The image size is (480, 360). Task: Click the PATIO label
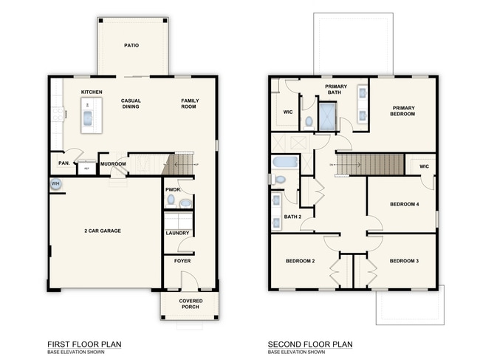[131, 46]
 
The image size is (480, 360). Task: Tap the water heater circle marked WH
[55, 183]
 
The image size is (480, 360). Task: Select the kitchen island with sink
[88, 118]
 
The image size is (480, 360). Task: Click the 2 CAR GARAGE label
[103, 231]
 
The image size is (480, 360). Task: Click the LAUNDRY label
[177, 234]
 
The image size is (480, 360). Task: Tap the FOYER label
[182, 261]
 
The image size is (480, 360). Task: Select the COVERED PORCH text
[191, 304]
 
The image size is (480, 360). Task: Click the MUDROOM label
[113, 163]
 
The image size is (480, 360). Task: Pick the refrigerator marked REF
[86, 168]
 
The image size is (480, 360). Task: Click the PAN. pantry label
[64, 163]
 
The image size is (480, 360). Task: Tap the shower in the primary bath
[326, 115]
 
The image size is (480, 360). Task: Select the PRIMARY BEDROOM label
[403, 112]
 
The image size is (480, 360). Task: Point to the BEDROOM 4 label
[404, 204]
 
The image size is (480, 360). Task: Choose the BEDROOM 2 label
[301, 260]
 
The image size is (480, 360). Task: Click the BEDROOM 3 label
[404, 260]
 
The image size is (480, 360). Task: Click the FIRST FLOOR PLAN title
[84, 344]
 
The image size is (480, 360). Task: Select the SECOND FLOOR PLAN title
[310, 344]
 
